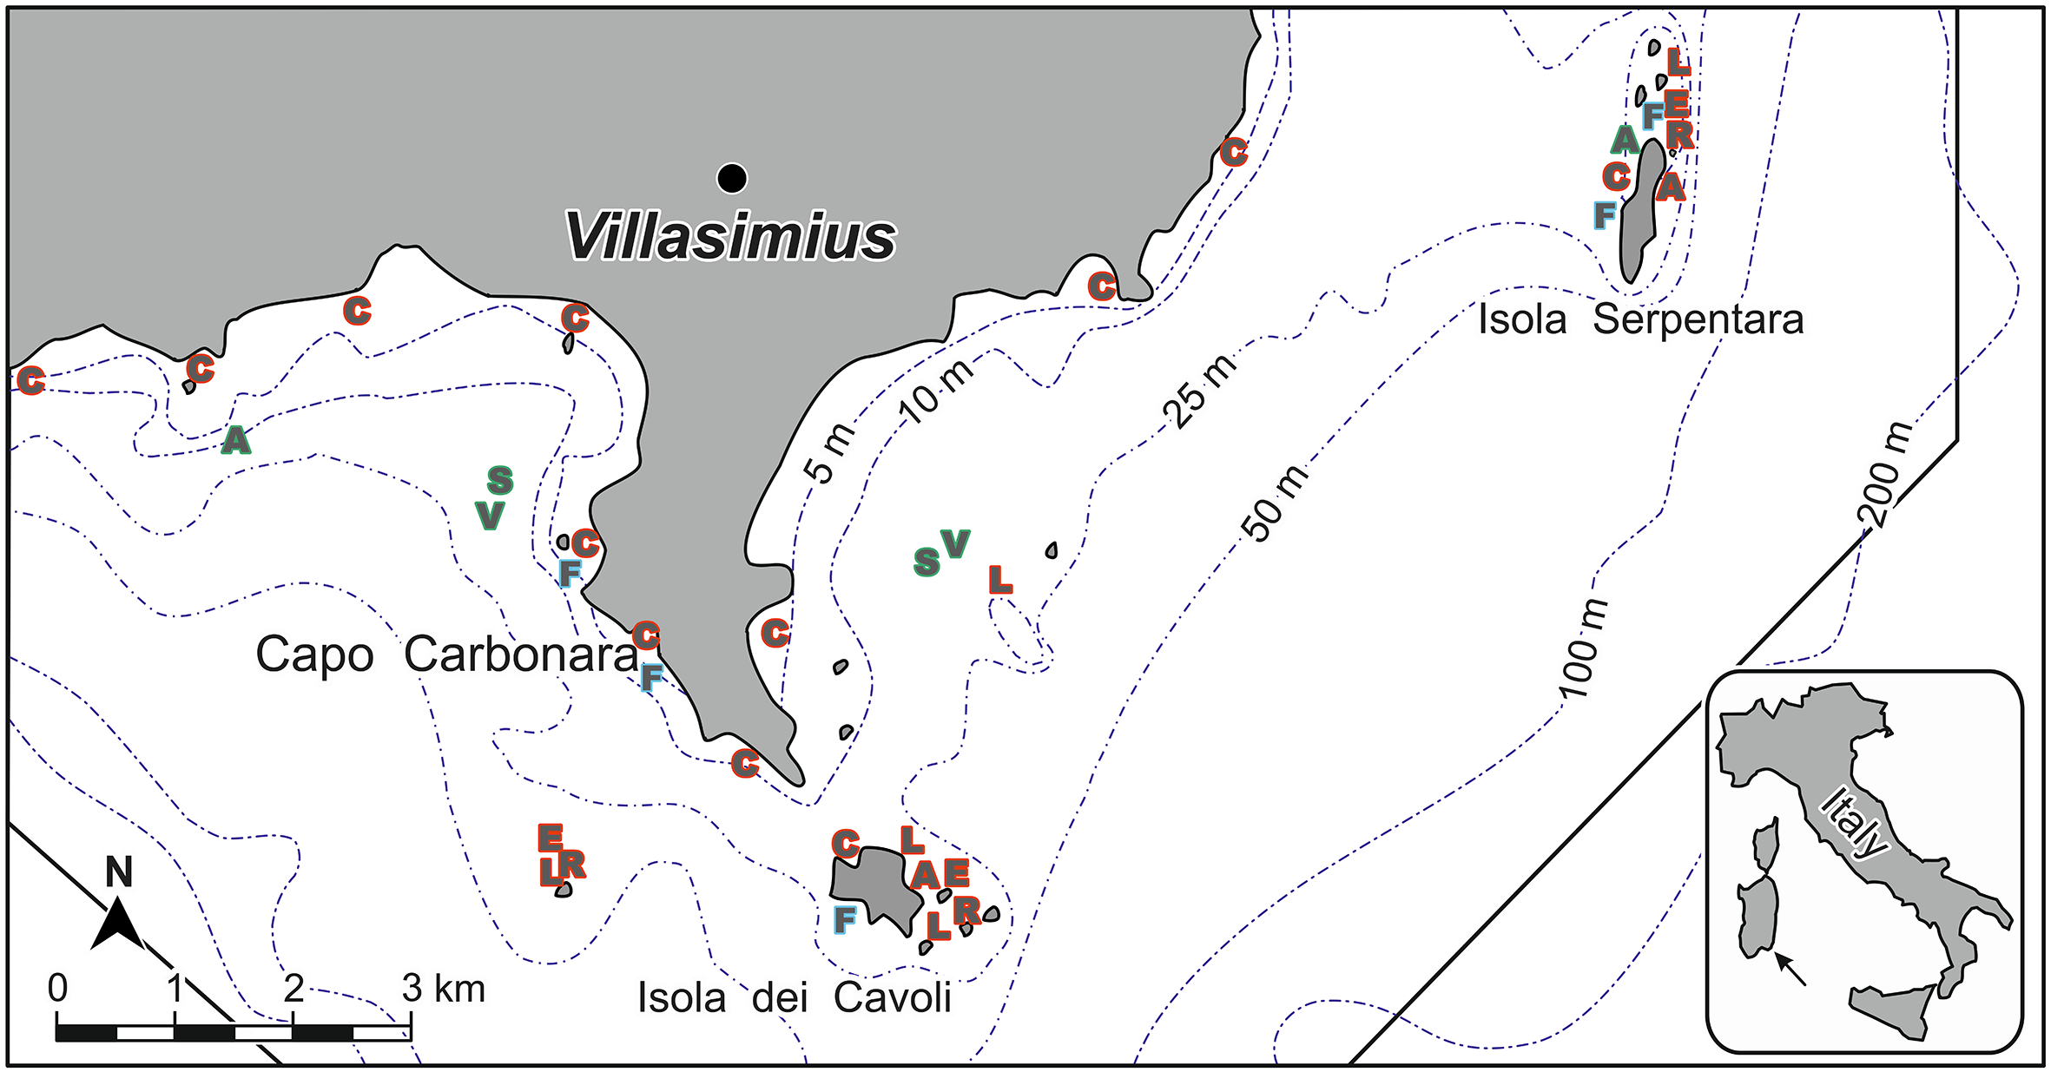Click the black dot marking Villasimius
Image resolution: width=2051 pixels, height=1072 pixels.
pyautogui.click(x=732, y=178)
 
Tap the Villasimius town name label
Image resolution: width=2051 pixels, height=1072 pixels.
pyautogui.click(x=730, y=237)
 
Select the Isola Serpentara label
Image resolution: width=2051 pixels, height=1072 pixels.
pyautogui.click(x=1640, y=319)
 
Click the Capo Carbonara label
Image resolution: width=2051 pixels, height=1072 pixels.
pyautogui.click(x=446, y=654)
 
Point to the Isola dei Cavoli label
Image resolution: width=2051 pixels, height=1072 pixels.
pyautogui.click(x=794, y=997)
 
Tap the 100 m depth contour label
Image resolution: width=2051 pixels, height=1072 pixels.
pyautogui.click(x=1582, y=648)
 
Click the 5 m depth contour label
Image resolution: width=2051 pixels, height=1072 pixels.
pyautogui.click(x=829, y=451)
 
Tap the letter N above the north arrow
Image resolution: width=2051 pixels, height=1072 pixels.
pyautogui.click(x=119, y=871)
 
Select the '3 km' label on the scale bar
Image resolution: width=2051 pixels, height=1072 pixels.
pyautogui.click(x=443, y=989)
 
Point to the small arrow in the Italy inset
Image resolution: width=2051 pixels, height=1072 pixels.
pyautogui.click(x=1790, y=970)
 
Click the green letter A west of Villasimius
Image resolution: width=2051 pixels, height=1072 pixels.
pyautogui.click(x=235, y=440)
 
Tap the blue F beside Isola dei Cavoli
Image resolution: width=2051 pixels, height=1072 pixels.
pyautogui.click(x=844, y=918)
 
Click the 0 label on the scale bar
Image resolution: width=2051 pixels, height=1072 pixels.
pyautogui.click(x=57, y=988)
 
